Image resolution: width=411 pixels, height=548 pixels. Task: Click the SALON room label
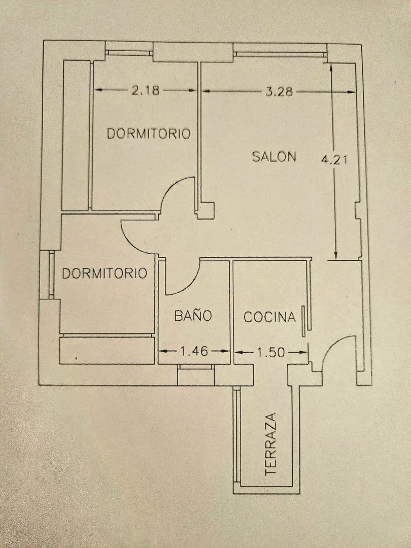tap(274, 156)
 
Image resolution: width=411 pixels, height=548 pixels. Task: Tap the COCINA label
tap(269, 318)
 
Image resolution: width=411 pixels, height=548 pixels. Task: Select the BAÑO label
tap(193, 316)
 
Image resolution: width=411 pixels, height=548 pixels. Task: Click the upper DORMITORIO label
tap(149, 134)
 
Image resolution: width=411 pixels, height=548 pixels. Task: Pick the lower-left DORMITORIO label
tap(105, 273)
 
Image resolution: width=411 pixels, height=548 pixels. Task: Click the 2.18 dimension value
tap(146, 91)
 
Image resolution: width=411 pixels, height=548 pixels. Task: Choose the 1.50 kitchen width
tap(271, 351)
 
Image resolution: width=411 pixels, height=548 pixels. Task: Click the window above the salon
tap(280, 51)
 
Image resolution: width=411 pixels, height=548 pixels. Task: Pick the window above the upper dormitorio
tap(128, 52)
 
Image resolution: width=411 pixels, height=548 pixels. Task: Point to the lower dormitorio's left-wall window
tap(51, 274)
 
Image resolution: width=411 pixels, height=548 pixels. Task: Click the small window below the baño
tap(196, 366)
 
